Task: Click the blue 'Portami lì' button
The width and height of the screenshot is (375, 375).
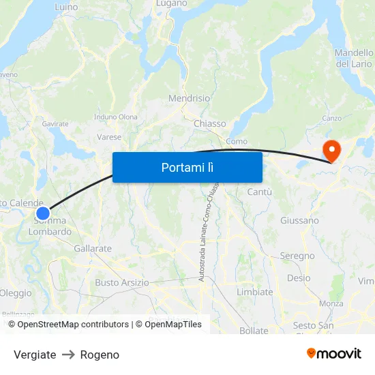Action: tap(187, 167)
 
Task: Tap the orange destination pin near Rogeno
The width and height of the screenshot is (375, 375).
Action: tap(332, 151)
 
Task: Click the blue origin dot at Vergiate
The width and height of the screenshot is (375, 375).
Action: tap(43, 213)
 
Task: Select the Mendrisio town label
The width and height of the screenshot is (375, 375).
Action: tap(189, 98)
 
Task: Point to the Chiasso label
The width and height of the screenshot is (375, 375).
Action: tap(209, 123)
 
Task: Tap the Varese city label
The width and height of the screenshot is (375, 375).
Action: tap(109, 137)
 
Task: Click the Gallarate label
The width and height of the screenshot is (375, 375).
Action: tap(93, 249)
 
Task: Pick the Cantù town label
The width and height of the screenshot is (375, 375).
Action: tap(259, 193)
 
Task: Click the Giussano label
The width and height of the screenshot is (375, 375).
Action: tap(299, 220)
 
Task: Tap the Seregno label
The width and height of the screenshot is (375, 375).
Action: tap(297, 256)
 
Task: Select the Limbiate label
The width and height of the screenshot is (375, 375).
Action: tap(254, 292)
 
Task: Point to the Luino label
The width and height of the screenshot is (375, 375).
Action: tap(66, 7)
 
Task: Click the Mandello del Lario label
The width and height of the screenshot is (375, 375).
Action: tap(354, 59)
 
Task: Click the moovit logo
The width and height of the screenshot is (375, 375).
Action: tap(334, 353)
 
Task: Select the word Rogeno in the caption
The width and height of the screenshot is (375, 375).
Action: tap(100, 355)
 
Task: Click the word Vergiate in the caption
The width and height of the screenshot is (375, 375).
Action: tap(35, 355)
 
